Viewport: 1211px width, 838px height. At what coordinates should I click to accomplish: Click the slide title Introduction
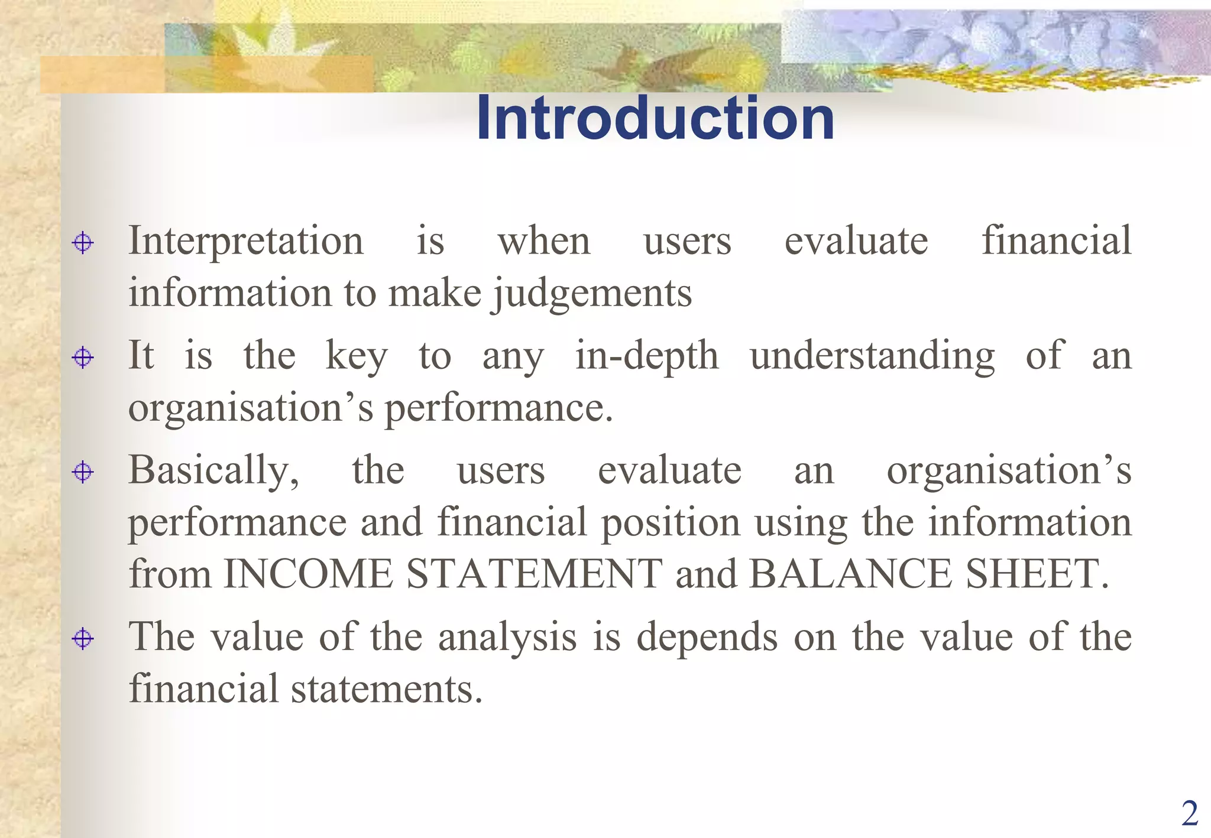point(655,118)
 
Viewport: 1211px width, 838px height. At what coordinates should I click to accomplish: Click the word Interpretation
point(246,241)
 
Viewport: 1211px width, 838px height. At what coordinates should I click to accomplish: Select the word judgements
point(592,293)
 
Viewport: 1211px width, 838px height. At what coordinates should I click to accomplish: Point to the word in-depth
point(647,356)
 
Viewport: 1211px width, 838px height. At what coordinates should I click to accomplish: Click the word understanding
point(873,356)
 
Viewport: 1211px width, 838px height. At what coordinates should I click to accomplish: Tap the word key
point(357,356)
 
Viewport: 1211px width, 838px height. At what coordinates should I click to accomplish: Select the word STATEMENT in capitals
point(535,574)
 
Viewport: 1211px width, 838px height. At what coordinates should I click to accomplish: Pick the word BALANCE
point(850,574)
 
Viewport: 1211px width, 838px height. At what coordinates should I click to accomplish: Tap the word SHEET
point(1032,574)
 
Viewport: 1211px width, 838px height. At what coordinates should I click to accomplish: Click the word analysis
point(507,637)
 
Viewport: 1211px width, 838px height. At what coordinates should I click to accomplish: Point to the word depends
point(707,637)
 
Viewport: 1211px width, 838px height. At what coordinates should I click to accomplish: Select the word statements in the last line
point(387,689)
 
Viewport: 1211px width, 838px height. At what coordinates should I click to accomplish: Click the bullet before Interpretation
point(83,243)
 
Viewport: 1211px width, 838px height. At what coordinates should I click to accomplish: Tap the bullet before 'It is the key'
point(83,358)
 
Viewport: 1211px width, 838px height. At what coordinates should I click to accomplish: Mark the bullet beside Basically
point(83,472)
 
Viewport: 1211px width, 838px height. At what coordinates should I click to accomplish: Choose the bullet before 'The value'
point(83,639)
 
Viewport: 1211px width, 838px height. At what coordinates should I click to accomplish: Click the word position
point(671,523)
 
